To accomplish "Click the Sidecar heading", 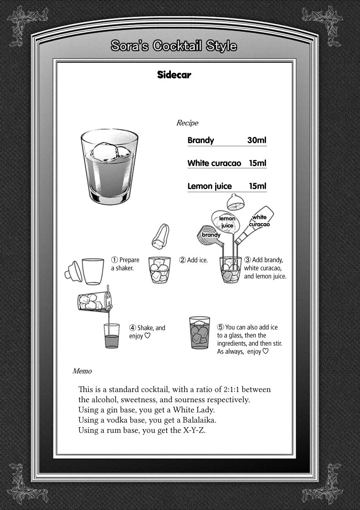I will pyautogui.click(x=174, y=75).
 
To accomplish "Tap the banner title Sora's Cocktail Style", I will pyautogui.click(x=173, y=46).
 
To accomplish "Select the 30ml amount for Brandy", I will pyautogui.click(x=257, y=140).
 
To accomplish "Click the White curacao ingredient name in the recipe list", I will pyautogui.click(x=214, y=163).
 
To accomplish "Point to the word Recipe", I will pyautogui.click(x=187, y=123).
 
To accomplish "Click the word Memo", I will pyautogui.click(x=82, y=371).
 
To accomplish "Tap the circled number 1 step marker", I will pyautogui.click(x=114, y=260).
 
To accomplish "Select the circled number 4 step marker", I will pyautogui.click(x=133, y=328).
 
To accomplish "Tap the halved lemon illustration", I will pyautogui.click(x=235, y=202).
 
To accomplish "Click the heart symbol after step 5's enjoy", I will pyautogui.click(x=265, y=351).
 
